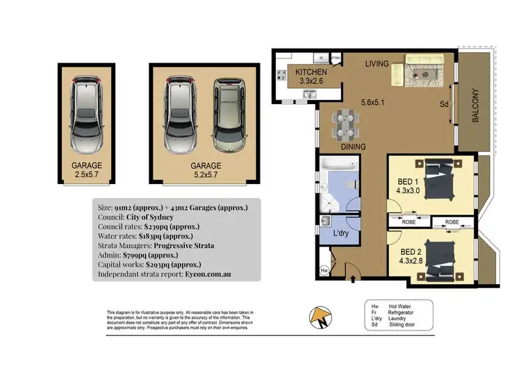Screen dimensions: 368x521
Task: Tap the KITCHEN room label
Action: (311, 73)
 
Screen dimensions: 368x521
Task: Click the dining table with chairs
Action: (344, 125)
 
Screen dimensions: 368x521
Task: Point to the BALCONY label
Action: (476, 105)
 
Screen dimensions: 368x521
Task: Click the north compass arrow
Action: (321, 318)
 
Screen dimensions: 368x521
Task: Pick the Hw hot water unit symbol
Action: (324, 270)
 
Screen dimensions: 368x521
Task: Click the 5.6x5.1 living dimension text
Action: (374, 104)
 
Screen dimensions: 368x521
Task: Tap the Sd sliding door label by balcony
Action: (443, 105)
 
